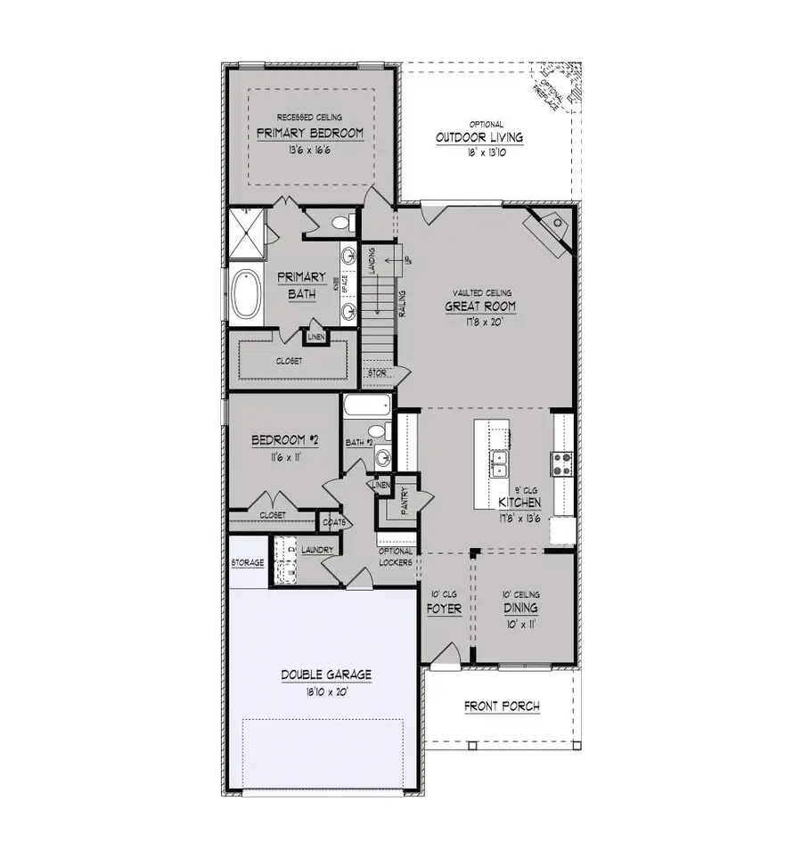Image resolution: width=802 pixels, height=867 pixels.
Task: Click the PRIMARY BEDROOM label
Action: pyautogui.click(x=310, y=134)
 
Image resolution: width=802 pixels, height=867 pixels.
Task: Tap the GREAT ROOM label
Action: pyautogui.click(x=481, y=307)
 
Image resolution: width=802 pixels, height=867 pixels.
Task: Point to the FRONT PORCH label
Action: pyautogui.click(x=502, y=707)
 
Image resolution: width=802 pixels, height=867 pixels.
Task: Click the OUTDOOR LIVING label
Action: pyautogui.click(x=479, y=138)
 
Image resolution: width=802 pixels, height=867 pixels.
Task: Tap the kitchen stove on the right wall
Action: pyautogui.click(x=563, y=462)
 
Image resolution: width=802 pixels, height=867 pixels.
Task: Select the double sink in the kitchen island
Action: pyautogui.click(x=499, y=462)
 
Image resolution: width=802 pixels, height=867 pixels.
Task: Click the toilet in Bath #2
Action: pyautogui.click(x=378, y=433)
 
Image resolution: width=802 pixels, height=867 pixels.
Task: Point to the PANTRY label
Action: pyautogui.click(x=404, y=502)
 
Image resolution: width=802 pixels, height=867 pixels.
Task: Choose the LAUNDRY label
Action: pyautogui.click(x=317, y=550)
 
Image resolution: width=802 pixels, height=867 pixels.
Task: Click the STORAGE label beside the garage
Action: pyautogui.click(x=247, y=564)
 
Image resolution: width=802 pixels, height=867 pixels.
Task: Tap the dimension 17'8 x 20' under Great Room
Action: pyautogui.click(x=481, y=323)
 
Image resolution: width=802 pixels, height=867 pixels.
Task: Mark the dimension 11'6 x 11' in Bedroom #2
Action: pyautogui.click(x=280, y=457)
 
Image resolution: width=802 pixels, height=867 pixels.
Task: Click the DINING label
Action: pyautogui.click(x=520, y=609)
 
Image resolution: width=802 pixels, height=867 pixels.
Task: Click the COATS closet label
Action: pyautogui.click(x=334, y=521)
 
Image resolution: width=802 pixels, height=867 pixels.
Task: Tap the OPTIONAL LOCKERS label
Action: pyautogui.click(x=396, y=558)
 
